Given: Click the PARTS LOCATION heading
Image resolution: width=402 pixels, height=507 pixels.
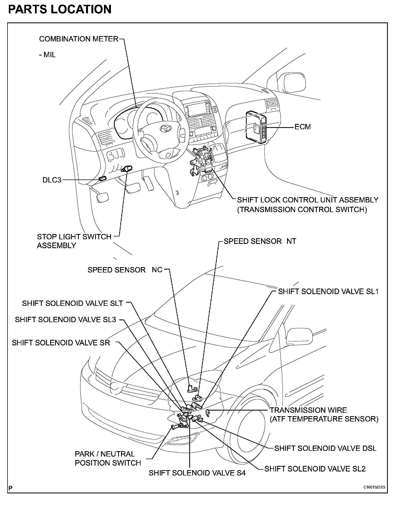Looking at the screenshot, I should pos(60,10).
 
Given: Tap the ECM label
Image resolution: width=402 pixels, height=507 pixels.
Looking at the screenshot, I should pos(303,127).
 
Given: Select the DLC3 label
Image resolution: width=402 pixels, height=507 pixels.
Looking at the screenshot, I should pos(52,180).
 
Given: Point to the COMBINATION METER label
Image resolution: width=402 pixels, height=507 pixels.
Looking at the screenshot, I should pos(79,39).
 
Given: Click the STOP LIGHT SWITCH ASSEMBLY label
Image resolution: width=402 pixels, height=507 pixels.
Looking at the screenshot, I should pos(74,241).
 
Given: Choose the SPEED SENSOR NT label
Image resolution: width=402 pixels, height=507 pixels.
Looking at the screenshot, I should pos(260,241).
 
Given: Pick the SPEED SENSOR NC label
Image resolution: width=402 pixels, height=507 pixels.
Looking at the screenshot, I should pos(125,270).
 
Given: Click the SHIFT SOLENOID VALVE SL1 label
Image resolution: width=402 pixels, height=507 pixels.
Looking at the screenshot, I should pos(328,291).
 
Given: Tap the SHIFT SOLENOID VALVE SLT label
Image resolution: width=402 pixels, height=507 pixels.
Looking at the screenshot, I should pos(72,303).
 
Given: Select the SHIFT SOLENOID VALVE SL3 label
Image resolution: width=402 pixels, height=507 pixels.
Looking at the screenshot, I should pos(65,319).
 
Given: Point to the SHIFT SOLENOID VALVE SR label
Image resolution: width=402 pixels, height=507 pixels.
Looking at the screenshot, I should pos(61,343).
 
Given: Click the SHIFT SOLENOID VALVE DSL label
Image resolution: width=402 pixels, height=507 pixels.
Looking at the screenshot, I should pos(325,448).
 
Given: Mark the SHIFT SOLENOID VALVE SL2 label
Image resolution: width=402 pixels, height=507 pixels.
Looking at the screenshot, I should pos(315,469).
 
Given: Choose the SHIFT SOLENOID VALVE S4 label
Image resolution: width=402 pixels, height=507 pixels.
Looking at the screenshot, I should pos(197,473).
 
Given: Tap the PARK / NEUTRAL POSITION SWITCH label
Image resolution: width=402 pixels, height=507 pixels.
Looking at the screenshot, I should pos(108,458).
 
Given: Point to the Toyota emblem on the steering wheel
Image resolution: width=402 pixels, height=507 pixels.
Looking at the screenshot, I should pos(165,129).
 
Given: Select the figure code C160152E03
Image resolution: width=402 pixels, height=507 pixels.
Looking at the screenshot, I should pos(374,487).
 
